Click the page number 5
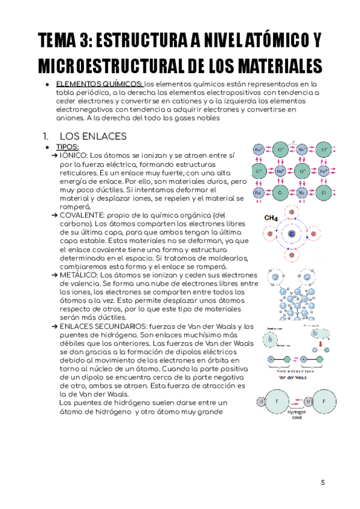pos(322,482)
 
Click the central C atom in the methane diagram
pos(292,233)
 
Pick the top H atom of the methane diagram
pos(292,212)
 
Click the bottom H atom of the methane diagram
pos(292,255)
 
